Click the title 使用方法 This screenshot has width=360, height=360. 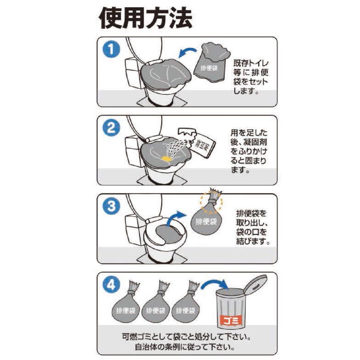pos(146,18)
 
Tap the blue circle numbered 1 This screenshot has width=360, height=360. pos(111,49)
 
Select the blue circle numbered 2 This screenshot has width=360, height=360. pos(111,128)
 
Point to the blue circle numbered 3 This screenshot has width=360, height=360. pos(111,206)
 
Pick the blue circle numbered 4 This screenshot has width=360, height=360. pos(111,285)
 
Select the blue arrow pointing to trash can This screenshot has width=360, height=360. pos(215,284)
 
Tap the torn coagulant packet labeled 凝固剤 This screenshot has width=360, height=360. pos(198,142)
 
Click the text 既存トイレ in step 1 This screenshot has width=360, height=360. pos(251,63)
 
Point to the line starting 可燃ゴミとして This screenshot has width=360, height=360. pos(186,338)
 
